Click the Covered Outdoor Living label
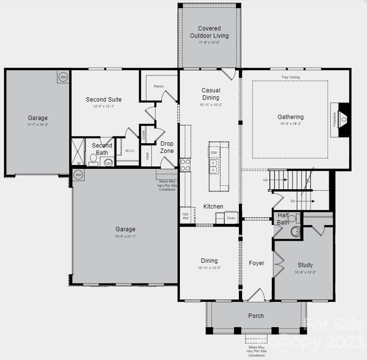pyautogui.click(x=209, y=32)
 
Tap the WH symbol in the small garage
pyautogui.click(x=63, y=77)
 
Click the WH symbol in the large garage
pyautogui.click(x=78, y=174)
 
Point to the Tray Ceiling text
pyautogui.click(x=291, y=77)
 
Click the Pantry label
pyautogui.click(x=159, y=87)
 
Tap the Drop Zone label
pyautogui.click(x=167, y=147)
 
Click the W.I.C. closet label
pyautogui.click(x=130, y=150)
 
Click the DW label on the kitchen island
pyautogui.click(x=214, y=153)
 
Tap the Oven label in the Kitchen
pyautogui.click(x=231, y=218)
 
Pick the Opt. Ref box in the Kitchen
pyautogui.click(x=186, y=216)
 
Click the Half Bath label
pyautogui.click(x=283, y=219)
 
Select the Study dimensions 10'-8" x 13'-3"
pyautogui.click(x=305, y=272)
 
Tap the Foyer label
pyautogui.click(x=257, y=263)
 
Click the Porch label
pyautogui.click(x=256, y=316)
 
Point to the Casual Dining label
pyautogui.click(x=211, y=93)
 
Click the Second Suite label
pyautogui.click(x=103, y=100)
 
